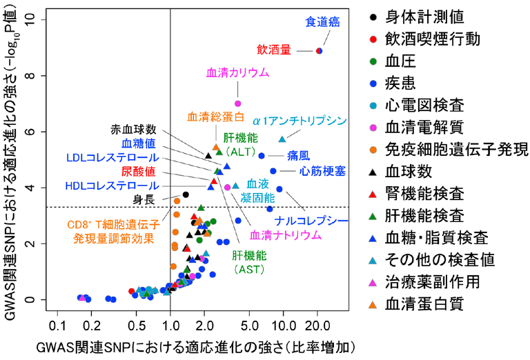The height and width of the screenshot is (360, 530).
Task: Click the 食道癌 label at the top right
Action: click(322, 22)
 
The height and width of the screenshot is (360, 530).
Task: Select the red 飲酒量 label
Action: click(274, 50)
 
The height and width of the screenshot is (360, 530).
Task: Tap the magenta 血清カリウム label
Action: click(237, 72)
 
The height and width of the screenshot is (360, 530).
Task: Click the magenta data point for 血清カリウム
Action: click(238, 103)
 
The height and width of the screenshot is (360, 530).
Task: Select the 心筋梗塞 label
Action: click(323, 170)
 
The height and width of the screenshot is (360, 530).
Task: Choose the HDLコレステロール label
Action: click(111, 186)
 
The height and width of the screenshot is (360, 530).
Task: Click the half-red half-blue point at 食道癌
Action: click(319, 50)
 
